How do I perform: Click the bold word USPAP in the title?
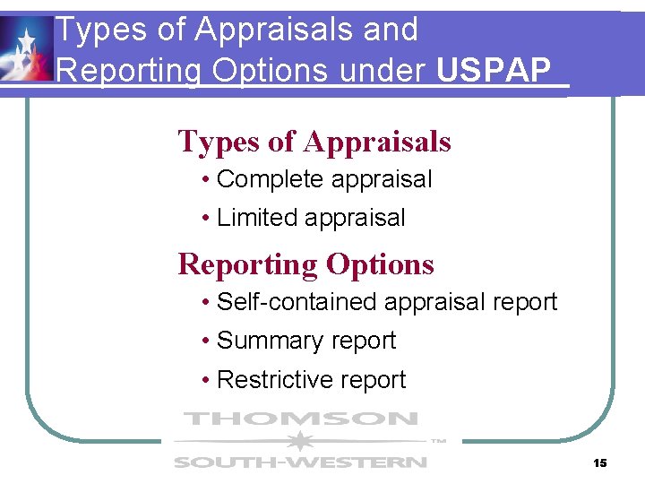(x=493, y=71)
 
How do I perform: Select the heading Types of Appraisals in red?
(x=314, y=142)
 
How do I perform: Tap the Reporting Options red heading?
(x=305, y=264)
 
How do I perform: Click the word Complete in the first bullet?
(x=271, y=179)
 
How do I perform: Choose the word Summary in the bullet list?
(x=268, y=341)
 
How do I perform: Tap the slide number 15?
(x=600, y=462)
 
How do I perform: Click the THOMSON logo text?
(x=300, y=419)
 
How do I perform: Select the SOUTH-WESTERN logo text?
(x=300, y=462)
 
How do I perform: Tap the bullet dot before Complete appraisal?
(x=206, y=180)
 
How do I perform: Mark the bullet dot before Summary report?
(x=206, y=341)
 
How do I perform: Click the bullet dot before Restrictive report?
(x=206, y=381)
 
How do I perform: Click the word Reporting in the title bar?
(x=128, y=71)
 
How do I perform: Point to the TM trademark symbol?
(x=438, y=441)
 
